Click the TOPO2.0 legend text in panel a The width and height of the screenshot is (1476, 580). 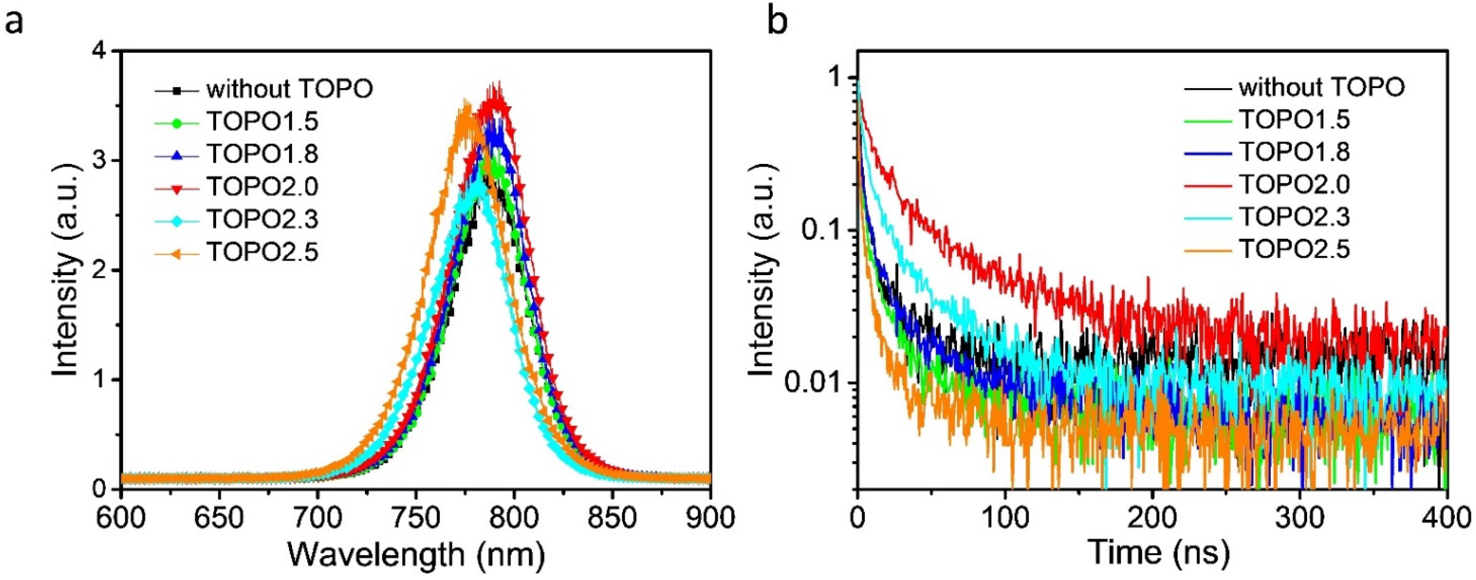(262, 187)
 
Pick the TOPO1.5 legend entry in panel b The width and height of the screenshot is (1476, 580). (1294, 120)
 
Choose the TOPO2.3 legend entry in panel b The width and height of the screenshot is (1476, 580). (1294, 217)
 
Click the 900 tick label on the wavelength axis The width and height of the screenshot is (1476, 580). (710, 518)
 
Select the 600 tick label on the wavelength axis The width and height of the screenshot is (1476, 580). (122, 518)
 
